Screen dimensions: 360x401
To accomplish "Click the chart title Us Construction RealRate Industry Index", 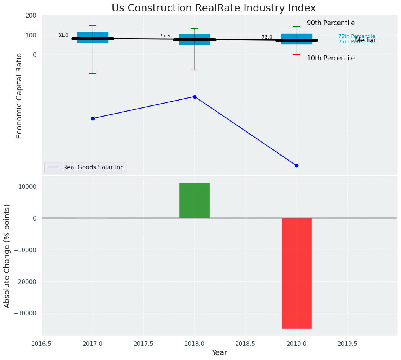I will pos(214,8).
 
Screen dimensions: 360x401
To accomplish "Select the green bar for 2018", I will pos(194,201).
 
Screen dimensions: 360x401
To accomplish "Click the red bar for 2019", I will pos(297,273).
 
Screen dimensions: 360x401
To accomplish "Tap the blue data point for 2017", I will pos(93,118).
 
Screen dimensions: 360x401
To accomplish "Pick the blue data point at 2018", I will pos(194,97).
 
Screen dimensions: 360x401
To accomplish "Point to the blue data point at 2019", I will pos(297,165).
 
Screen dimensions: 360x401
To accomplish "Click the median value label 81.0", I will pos(63,35).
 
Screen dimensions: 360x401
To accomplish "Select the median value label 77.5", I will pos(165,36).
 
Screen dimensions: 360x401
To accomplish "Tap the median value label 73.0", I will pos(267,37).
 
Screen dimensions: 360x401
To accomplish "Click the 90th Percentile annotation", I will pos(331,23).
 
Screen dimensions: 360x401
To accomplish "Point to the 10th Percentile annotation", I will pos(331,58).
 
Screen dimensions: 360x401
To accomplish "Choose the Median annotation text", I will pos(366,40).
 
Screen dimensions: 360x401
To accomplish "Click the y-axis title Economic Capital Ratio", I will pos(20,96).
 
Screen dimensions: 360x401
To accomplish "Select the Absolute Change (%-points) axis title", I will pos(7,256).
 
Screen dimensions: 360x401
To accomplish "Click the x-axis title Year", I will pos(220,353).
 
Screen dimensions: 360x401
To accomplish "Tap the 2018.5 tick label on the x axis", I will pos(245,344).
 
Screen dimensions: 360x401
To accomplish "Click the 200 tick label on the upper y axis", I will pos(31,15).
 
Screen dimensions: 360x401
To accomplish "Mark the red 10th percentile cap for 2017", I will pos(93,73).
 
